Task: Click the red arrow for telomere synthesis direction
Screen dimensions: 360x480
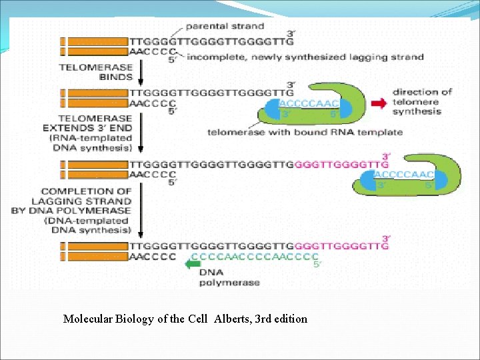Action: [x=379, y=103]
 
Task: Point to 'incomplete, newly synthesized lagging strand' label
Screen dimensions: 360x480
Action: [x=305, y=57]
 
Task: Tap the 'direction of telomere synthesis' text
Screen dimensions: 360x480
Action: [x=421, y=101]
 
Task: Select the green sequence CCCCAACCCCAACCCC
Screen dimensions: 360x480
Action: [x=253, y=257]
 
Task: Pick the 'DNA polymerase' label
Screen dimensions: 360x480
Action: [x=221, y=277]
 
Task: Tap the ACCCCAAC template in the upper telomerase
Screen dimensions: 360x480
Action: [x=309, y=103]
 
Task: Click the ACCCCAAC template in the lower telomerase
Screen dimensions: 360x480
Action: [x=404, y=175]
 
